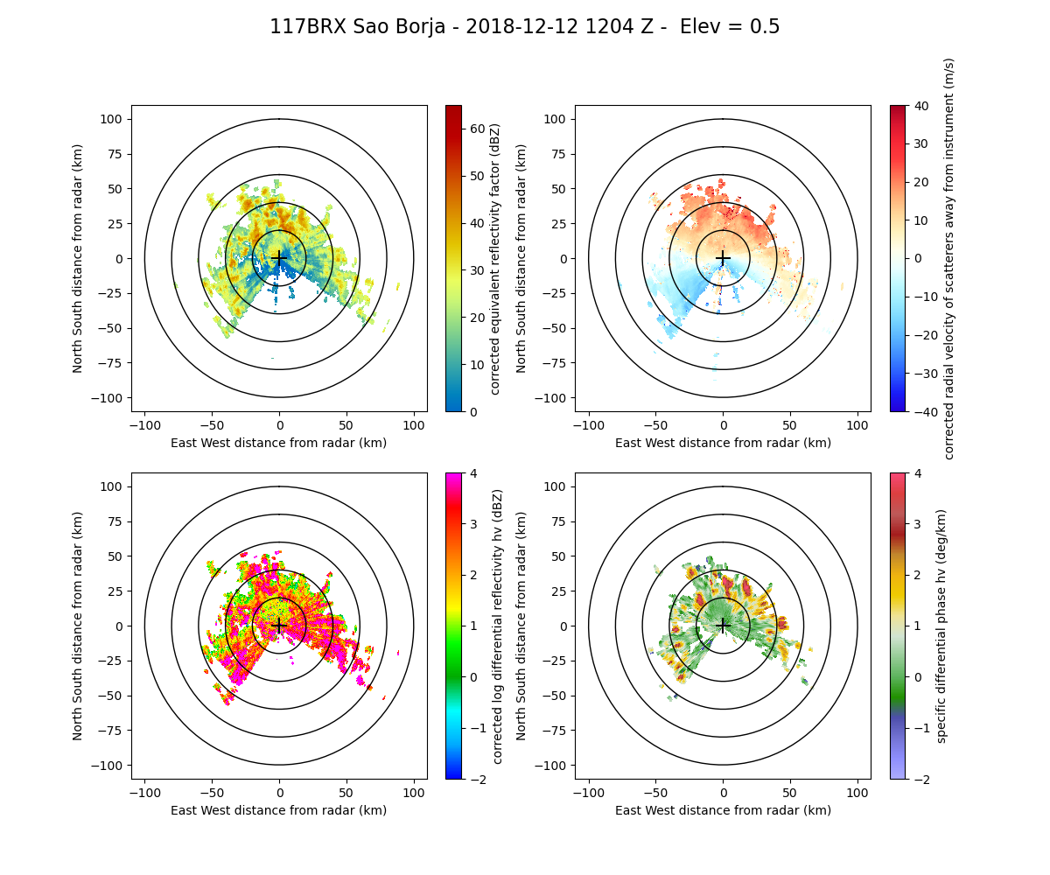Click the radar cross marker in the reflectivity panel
279,258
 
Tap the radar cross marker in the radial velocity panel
723,258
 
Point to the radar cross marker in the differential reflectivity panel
279,626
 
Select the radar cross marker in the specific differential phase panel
723,626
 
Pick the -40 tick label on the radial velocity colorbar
918,411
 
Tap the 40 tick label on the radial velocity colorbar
914,105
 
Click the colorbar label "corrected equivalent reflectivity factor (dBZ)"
495,258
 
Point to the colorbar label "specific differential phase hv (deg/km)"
941,626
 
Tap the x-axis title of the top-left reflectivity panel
279,443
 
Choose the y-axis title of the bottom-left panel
78,626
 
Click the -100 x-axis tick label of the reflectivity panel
145,425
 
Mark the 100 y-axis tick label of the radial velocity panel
557,119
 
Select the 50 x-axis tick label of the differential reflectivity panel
346,793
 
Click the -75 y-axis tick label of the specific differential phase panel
557,731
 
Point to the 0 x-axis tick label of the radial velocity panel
723,425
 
